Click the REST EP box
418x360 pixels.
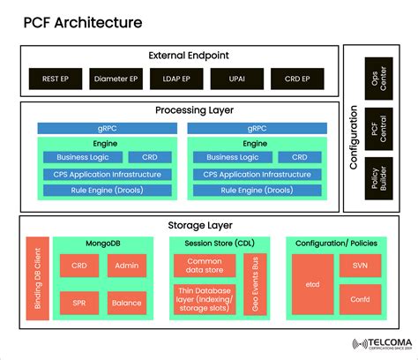55,78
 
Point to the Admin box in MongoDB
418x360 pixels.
126,266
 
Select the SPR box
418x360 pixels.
78,304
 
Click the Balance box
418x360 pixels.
126,304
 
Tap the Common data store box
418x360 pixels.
205,266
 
